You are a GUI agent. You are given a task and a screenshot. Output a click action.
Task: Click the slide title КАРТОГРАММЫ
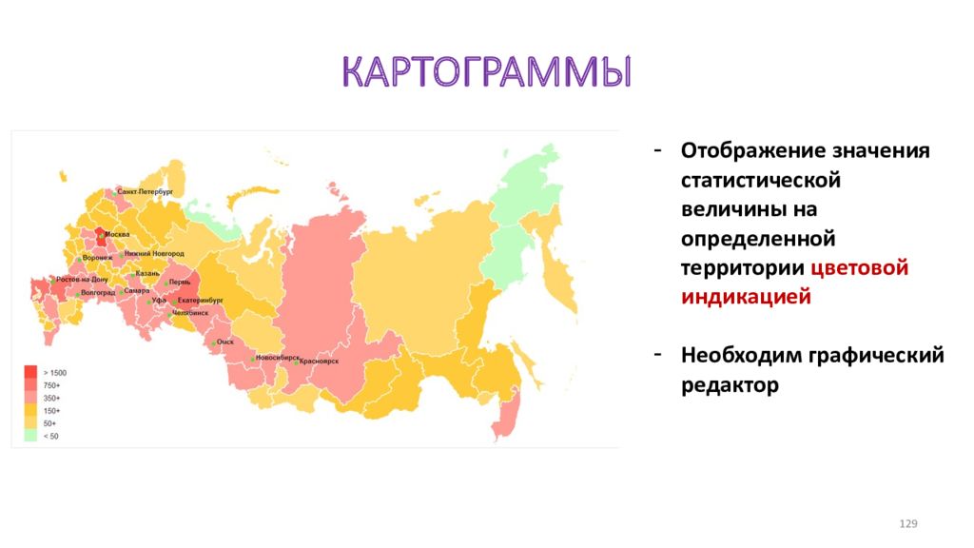[486, 74]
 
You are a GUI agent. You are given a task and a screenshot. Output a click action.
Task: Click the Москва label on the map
[117, 234]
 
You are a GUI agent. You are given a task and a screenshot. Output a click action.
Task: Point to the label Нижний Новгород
[154, 254]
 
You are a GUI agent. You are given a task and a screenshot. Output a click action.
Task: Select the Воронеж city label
[99, 258]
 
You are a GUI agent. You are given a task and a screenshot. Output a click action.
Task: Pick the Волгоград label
[98, 292]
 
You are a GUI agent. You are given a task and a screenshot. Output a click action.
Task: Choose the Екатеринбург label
[200, 300]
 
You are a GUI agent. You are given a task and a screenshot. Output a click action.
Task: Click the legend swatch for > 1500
[31, 372]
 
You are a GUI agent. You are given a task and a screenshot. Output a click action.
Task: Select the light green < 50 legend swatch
[31, 436]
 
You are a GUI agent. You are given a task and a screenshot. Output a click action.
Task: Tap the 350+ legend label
[50, 398]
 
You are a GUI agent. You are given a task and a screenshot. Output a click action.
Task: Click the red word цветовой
[861, 267]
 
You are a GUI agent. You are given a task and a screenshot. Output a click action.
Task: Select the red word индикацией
[746, 297]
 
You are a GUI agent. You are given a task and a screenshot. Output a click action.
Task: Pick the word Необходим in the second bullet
[739, 356]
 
